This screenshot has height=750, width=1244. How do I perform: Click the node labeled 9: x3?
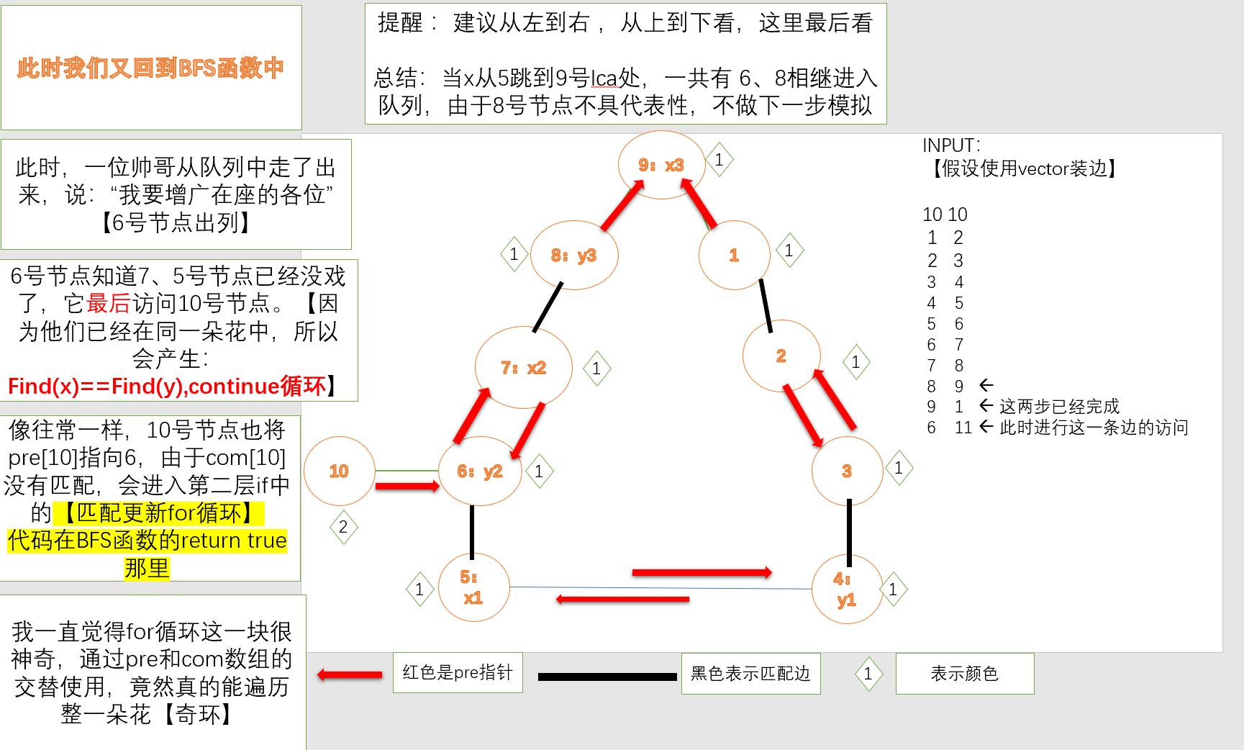[660, 165]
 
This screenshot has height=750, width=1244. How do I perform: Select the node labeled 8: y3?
[573, 255]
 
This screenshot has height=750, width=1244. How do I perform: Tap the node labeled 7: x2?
[523, 368]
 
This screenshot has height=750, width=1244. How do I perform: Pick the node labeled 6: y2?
[479, 471]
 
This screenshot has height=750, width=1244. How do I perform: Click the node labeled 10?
[339, 471]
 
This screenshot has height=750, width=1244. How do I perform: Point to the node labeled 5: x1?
[473, 587]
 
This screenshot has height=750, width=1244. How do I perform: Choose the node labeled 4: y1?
[846, 589]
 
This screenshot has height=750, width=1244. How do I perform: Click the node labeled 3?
[847, 471]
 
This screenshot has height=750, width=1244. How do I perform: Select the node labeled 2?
[781, 356]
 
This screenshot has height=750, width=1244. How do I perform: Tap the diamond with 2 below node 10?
[343, 527]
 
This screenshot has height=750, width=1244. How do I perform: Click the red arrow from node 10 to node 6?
[407, 487]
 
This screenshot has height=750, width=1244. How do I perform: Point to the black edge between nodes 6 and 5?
[472, 531]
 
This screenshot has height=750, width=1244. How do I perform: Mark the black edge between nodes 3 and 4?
[849, 533]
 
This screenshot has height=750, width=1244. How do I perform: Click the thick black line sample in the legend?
[607, 677]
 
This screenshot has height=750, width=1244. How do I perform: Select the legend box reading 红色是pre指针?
[458, 673]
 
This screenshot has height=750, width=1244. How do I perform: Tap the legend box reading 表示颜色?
[964, 674]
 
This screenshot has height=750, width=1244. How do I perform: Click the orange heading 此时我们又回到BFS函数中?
[150, 68]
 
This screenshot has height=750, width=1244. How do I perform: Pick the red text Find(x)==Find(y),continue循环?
[167, 387]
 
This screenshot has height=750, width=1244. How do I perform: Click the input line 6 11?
[949, 428]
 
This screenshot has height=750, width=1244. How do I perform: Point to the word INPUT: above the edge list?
[951, 145]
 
